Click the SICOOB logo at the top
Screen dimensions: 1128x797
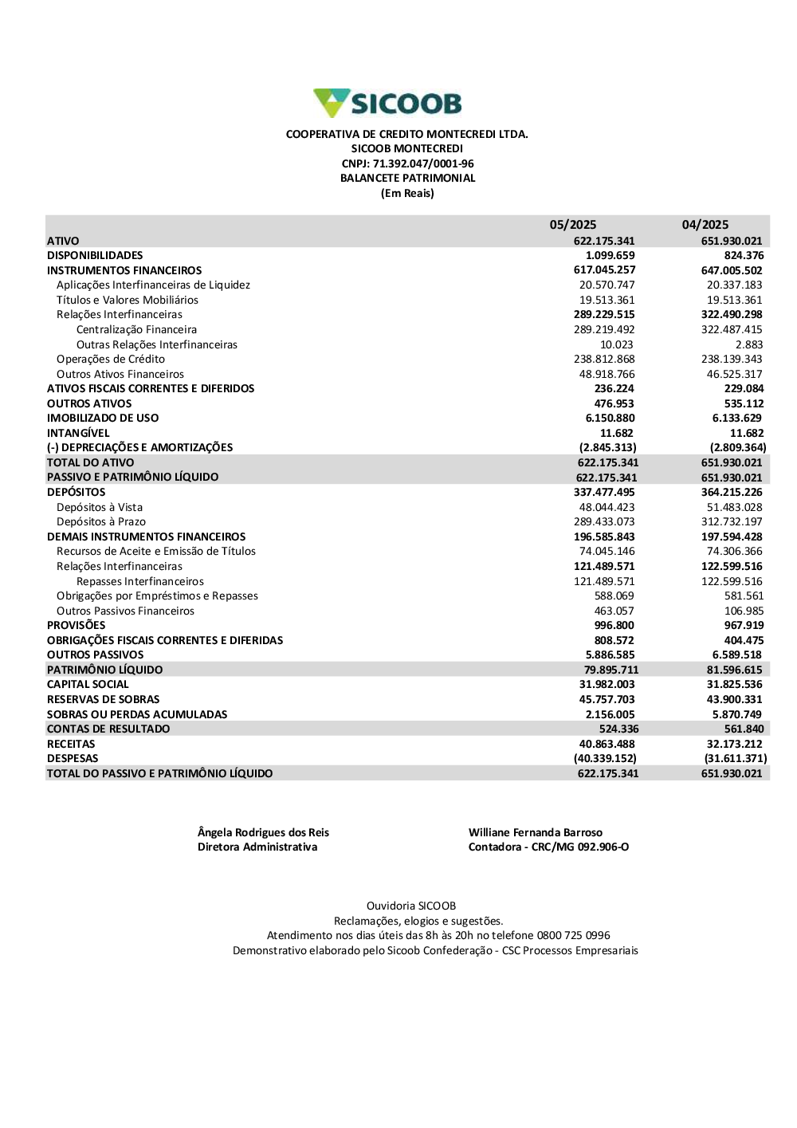click(387, 104)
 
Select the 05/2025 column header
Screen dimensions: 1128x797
click(572, 225)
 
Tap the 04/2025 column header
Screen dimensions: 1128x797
click(705, 225)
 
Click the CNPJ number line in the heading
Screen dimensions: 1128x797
click(407, 163)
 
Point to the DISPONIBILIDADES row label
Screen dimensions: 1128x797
click(95, 256)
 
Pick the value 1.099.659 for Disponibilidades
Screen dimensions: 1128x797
click(610, 256)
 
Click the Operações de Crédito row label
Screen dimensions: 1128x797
click(111, 360)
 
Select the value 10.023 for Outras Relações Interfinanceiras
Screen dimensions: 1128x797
click(616, 345)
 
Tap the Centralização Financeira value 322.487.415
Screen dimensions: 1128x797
click(731, 330)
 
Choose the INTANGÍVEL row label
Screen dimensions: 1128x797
click(78, 434)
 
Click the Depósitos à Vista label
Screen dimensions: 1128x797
click(100, 508)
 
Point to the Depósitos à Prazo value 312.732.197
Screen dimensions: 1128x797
click(731, 522)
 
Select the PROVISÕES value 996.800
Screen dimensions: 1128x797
click(614, 626)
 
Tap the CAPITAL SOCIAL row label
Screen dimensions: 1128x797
click(88, 685)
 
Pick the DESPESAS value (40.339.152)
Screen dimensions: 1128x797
click(605, 759)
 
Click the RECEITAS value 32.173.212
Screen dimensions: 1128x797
click(734, 745)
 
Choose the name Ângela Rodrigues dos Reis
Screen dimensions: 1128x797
click(263, 833)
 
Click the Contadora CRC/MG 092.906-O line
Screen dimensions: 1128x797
click(548, 847)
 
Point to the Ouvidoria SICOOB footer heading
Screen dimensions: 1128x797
click(411, 906)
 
